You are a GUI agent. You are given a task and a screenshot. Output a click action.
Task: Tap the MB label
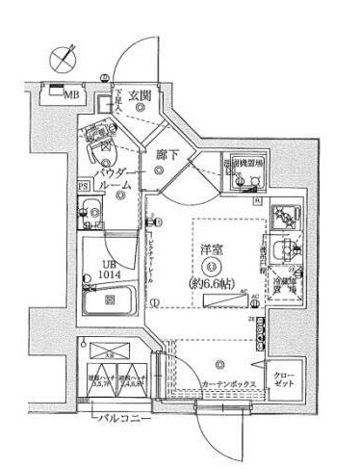(x=72, y=95)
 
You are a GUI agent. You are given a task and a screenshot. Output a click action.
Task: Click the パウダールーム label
(x=121, y=177)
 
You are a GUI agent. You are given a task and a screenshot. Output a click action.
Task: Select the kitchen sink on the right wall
(x=281, y=253)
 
